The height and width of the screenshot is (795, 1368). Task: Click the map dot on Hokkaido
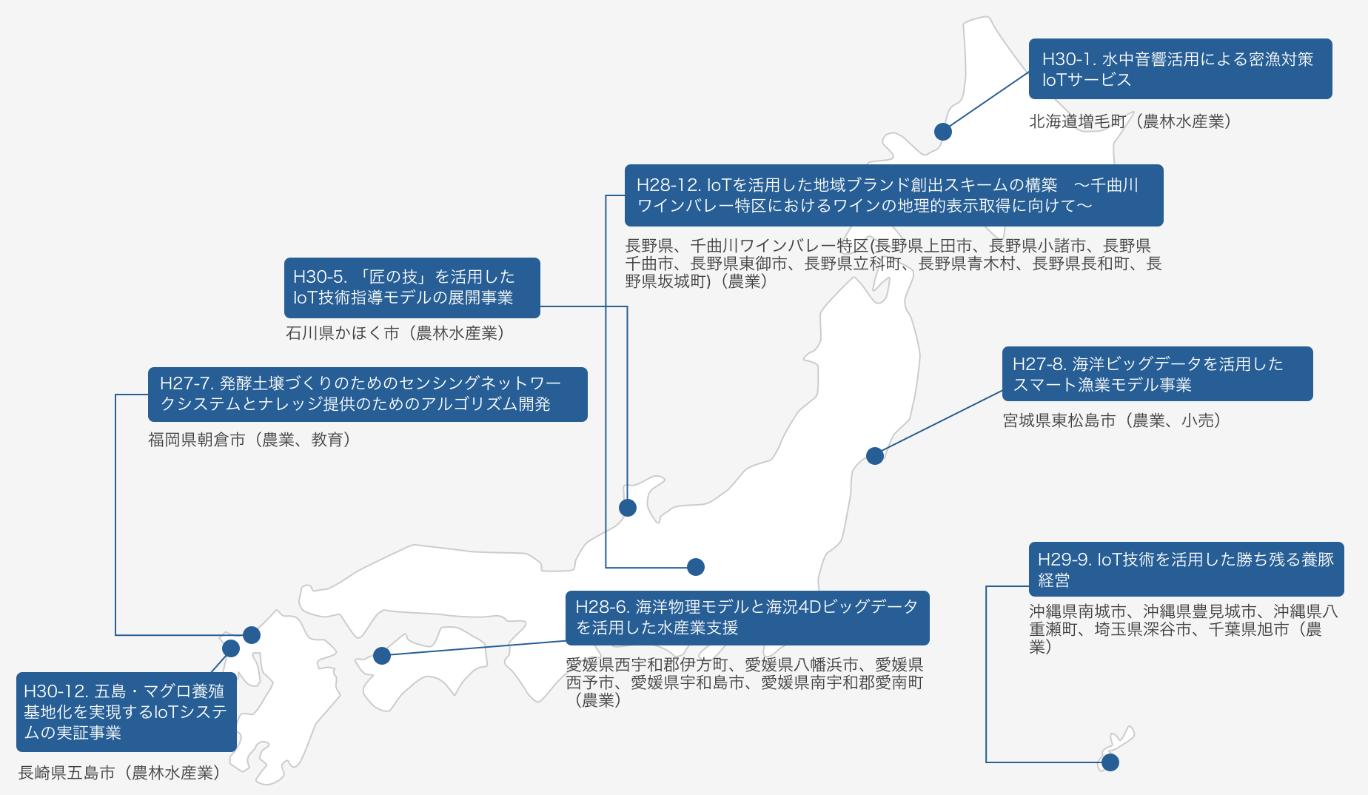click(x=942, y=132)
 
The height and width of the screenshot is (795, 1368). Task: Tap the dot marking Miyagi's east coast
click(x=875, y=456)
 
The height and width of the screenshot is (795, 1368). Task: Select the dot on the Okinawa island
click(x=1110, y=762)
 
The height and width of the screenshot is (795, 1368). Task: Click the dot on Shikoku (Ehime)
click(x=382, y=656)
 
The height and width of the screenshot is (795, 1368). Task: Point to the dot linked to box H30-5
click(x=628, y=508)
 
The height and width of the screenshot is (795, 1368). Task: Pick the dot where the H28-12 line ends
click(x=696, y=567)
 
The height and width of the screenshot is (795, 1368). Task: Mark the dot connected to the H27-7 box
click(x=252, y=635)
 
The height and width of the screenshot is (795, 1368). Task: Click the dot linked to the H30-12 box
click(x=231, y=648)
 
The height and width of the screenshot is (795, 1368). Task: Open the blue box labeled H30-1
click(x=1180, y=69)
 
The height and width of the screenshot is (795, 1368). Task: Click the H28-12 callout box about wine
click(x=893, y=195)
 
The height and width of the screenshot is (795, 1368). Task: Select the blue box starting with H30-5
click(x=412, y=288)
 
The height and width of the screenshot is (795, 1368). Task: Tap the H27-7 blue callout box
click(x=367, y=395)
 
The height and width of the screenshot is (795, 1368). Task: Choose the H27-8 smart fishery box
click(x=1157, y=374)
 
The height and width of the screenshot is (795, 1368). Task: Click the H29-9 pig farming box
click(x=1186, y=569)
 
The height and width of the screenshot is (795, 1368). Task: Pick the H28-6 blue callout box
click(x=747, y=618)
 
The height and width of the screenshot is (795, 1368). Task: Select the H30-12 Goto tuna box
click(x=127, y=712)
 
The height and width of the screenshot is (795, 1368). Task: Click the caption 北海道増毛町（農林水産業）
click(x=1130, y=121)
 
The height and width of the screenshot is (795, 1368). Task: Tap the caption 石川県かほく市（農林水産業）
click(x=395, y=333)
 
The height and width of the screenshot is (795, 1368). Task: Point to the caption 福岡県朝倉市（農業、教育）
click(x=249, y=440)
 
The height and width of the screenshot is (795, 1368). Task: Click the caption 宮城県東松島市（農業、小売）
click(x=1112, y=420)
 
